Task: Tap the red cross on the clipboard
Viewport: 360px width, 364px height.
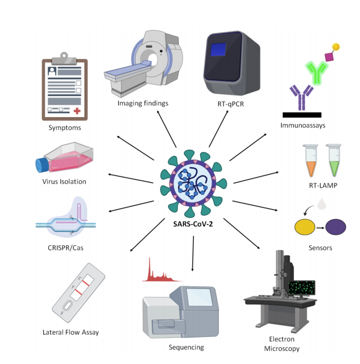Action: [x=77, y=112]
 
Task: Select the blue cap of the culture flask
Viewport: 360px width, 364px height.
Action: [x=43, y=165]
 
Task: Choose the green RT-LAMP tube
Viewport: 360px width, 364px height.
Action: [x=334, y=161]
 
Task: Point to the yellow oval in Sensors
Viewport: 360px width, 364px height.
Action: [x=305, y=228]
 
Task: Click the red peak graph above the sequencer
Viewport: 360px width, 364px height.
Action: [x=162, y=273]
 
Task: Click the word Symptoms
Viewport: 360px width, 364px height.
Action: [x=64, y=128]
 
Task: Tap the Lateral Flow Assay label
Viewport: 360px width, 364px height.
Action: [x=71, y=332]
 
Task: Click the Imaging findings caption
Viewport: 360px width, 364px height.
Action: [x=143, y=103]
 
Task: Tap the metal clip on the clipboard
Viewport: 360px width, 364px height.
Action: [x=66, y=56]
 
